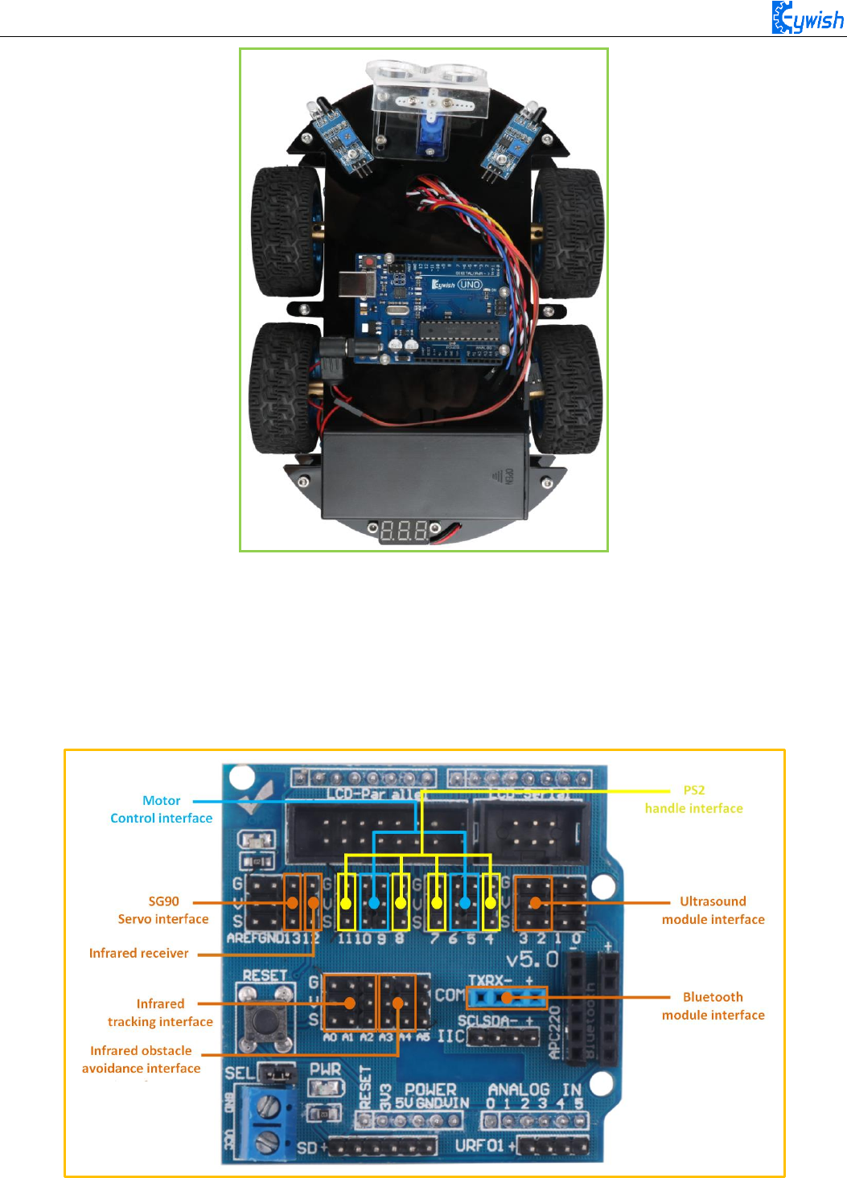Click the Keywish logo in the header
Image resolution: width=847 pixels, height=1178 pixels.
click(808, 18)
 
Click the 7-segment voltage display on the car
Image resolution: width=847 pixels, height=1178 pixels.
click(405, 531)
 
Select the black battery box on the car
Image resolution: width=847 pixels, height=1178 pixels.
click(425, 475)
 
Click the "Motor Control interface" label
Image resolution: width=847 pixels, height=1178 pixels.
click(162, 810)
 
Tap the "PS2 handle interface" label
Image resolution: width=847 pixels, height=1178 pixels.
click(693, 799)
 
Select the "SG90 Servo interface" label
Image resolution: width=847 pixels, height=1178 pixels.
click(163, 910)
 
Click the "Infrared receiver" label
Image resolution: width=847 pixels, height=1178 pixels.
click(139, 954)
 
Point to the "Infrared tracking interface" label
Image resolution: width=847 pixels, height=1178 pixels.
click(160, 1013)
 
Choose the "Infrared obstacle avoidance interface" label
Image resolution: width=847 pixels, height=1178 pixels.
click(142, 1060)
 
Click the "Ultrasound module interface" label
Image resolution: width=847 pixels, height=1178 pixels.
click(713, 910)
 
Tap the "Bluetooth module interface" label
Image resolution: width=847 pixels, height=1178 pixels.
click(713, 1006)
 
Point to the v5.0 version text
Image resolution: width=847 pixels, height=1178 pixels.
click(532, 959)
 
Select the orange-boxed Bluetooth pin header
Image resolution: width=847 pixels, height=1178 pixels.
click(507, 999)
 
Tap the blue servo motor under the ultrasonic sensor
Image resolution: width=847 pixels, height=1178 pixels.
click(430, 137)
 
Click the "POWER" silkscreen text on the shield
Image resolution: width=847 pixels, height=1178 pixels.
click(430, 1090)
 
